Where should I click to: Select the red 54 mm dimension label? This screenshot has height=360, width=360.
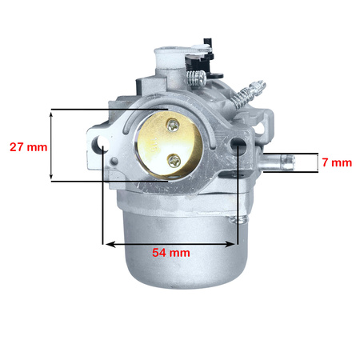171,252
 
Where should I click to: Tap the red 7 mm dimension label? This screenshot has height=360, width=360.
336,162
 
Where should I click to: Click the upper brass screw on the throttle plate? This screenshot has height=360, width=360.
172,124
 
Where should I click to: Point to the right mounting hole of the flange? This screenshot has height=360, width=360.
239,147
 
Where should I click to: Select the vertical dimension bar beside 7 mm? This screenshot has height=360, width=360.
313,162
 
